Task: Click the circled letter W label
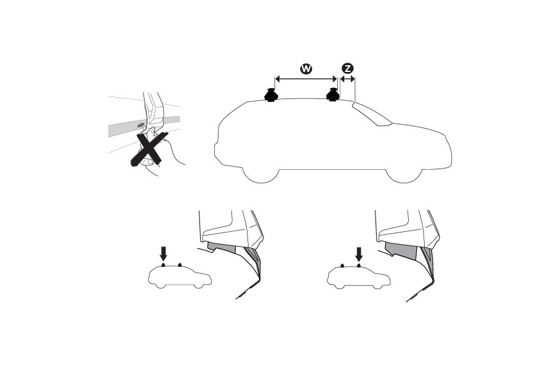[306, 68]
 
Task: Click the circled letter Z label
[347, 68]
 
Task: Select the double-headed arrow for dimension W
[307, 79]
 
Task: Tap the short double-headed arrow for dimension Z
[347, 79]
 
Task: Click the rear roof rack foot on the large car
[271, 95]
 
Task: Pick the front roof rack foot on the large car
[333, 95]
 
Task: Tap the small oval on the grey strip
[140, 125]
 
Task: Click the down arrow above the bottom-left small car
[163, 254]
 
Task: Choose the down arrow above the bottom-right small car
[359, 254]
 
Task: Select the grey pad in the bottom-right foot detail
[401, 251]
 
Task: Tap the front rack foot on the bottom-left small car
[180, 264]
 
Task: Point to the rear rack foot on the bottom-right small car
[342, 265]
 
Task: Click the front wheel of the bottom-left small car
[199, 285]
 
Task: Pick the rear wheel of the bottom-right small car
[340, 285]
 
